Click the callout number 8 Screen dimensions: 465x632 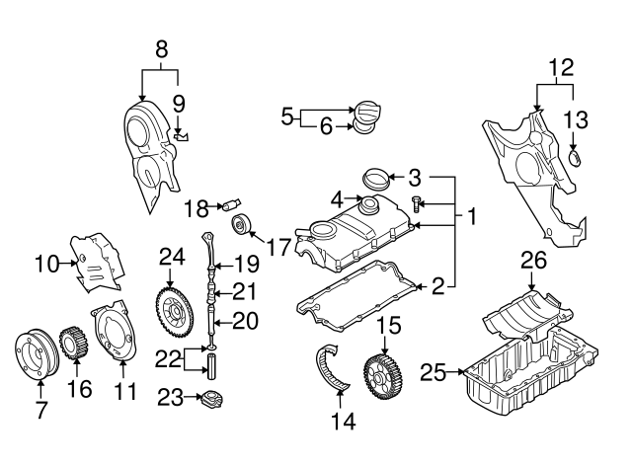[161, 46]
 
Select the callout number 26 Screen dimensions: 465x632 [533, 260]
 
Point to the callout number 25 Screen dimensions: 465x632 [431, 372]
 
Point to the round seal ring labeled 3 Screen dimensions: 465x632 [376, 180]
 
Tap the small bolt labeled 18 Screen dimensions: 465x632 [233, 205]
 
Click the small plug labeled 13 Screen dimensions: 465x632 [578, 158]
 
